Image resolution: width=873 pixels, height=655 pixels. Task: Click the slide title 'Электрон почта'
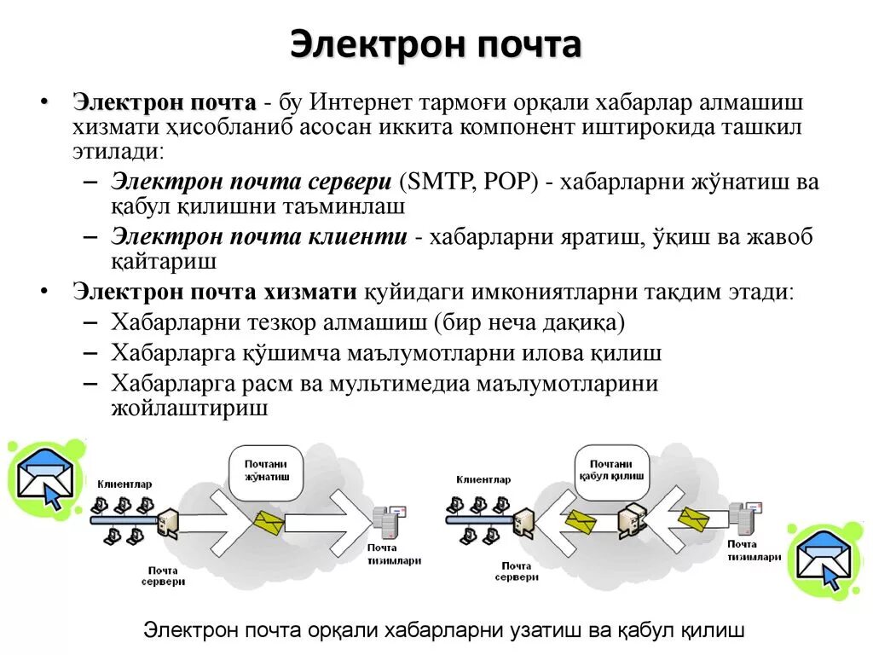pyautogui.click(x=436, y=44)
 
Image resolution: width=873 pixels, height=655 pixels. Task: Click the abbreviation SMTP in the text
pyautogui.click(x=435, y=182)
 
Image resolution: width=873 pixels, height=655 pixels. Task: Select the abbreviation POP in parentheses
pyautogui.click(x=506, y=182)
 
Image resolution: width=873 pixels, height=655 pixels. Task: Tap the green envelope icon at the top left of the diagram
pyautogui.click(x=46, y=478)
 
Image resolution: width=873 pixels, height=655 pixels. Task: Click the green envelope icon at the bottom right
pyautogui.click(x=825, y=559)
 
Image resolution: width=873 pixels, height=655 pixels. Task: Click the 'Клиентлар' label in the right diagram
pyautogui.click(x=483, y=479)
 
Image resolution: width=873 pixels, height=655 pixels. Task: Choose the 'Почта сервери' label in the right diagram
pyautogui.click(x=517, y=571)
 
